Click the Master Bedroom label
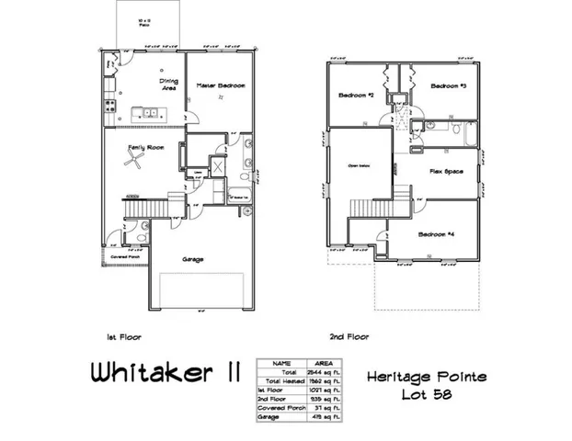coord(222,85)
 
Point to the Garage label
coord(193,259)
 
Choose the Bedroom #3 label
coord(449,86)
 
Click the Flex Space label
coord(446,171)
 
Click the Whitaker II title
coord(166,373)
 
